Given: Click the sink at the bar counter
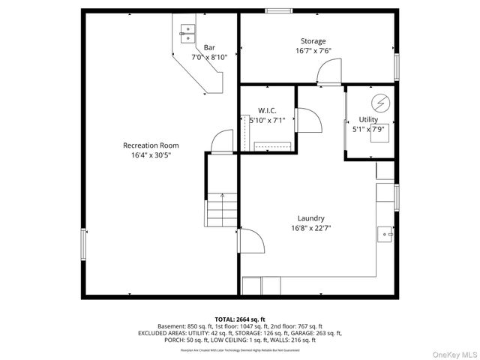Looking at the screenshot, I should tap(186, 31).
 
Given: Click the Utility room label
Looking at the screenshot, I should tap(368, 119).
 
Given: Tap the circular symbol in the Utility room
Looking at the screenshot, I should tap(380, 102).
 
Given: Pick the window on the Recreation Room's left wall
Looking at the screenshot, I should tap(83, 244).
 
